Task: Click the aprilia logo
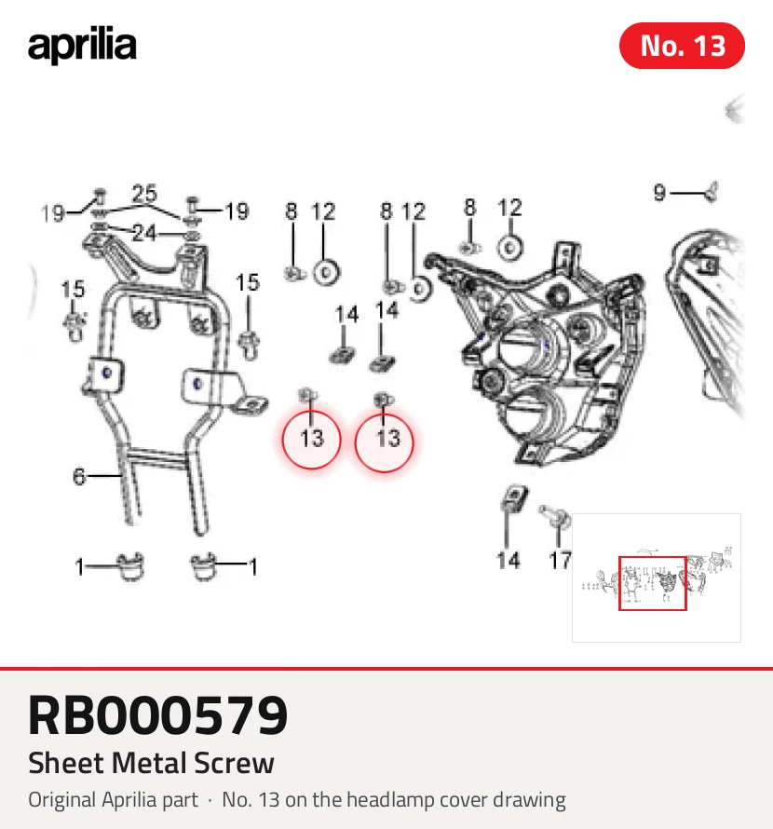82,45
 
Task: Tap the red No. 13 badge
682,46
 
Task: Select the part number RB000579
158,715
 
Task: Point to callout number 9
659,193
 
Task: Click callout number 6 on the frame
79,476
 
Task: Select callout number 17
560,561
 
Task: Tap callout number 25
144,194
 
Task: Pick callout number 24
144,233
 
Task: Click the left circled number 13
311,439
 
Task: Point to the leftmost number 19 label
52,213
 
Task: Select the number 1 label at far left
80,567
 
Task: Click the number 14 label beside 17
509,561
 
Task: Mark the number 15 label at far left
73,289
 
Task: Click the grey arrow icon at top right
735,110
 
